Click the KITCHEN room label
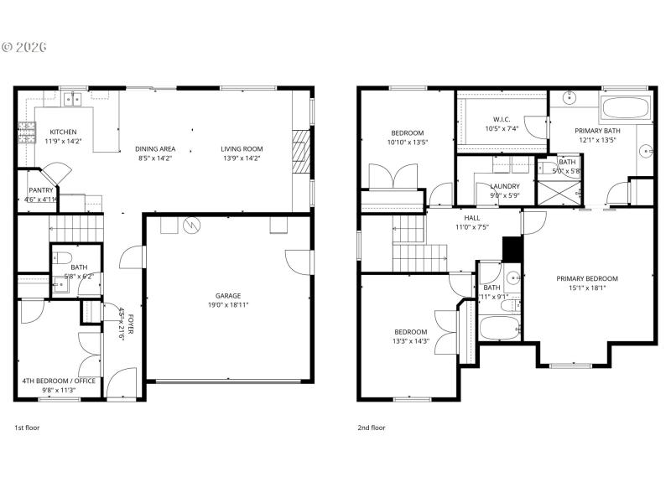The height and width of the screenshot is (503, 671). pos(63,132)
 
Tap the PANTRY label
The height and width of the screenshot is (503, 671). pos(41,190)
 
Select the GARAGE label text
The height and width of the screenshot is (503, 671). pos(228,296)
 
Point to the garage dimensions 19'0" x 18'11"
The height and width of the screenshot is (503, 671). pos(228,305)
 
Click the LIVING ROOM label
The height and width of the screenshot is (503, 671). pos(242,149)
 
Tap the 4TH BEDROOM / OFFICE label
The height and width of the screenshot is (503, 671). pos(60,381)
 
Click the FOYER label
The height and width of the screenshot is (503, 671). pos(131,324)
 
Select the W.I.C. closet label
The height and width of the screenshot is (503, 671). pos(502,119)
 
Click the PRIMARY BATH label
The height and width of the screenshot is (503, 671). pos(597,131)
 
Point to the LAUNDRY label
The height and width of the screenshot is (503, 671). pos(505,186)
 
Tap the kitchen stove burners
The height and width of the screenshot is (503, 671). pos(27,131)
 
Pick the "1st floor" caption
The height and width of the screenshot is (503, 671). pos(27,428)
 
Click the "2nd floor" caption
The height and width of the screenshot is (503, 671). pos(372,428)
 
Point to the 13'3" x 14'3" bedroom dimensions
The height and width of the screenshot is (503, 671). pos(412,340)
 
